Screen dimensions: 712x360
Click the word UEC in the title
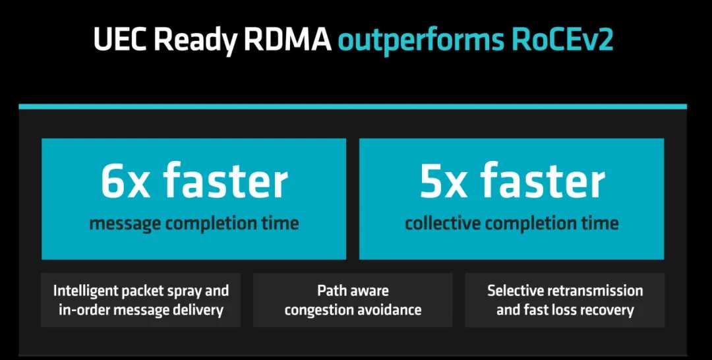click(x=121, y=40)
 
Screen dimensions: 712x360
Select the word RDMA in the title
click(x=287, y=40)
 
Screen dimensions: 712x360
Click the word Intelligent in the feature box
click(x=84, y=291)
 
